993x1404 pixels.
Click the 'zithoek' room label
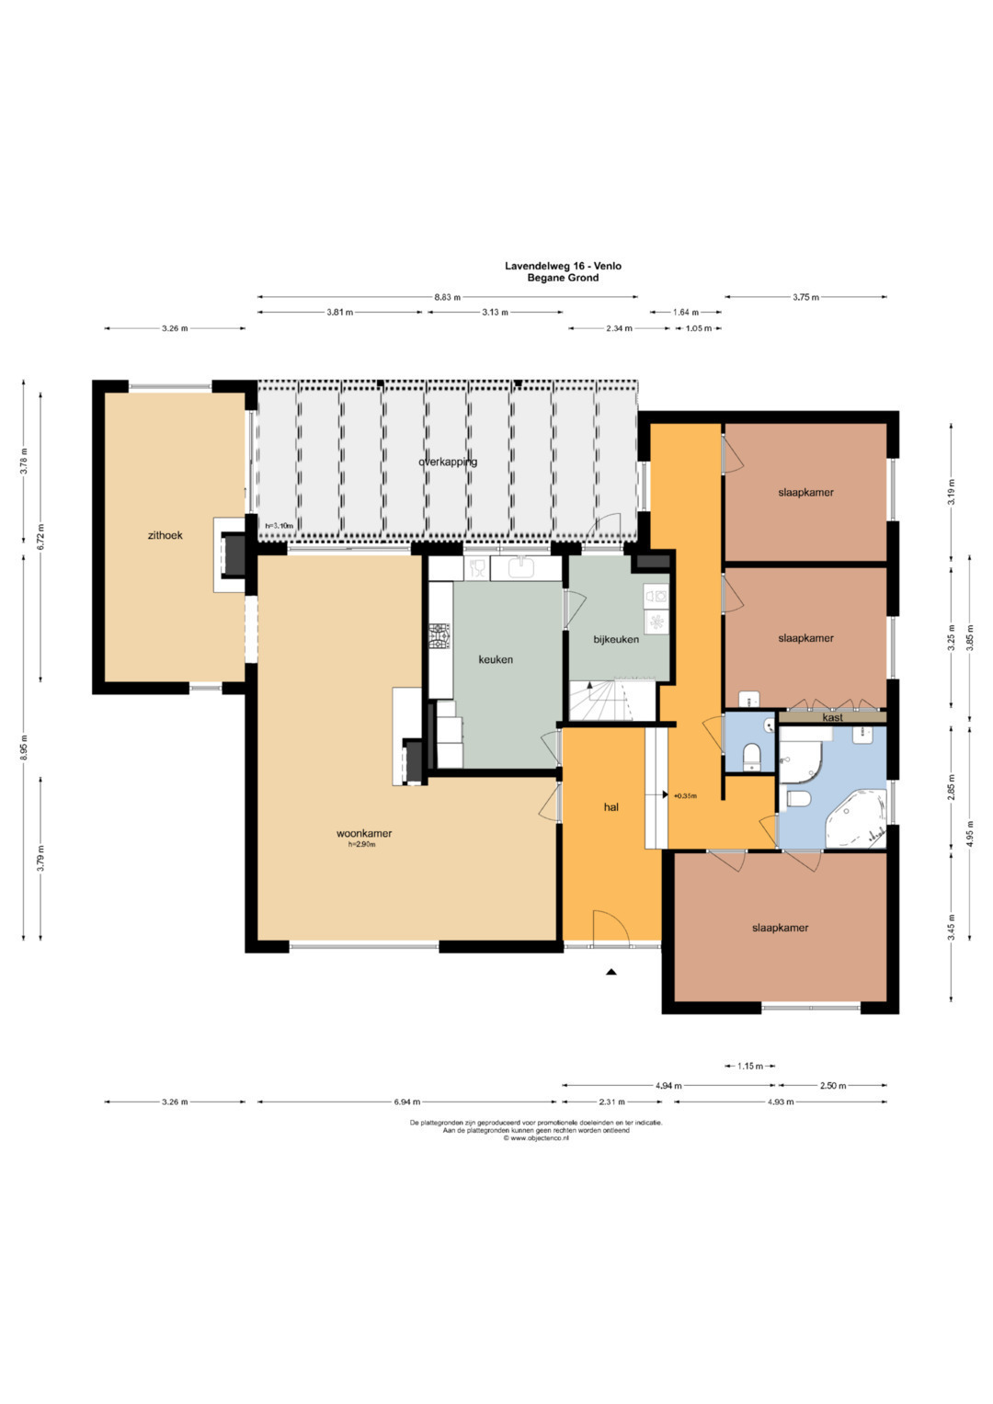point(165,535)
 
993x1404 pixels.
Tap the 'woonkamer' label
point(363,834)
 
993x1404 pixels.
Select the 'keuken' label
point(496,659)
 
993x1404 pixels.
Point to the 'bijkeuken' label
point(616,639)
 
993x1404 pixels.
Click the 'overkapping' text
point(448,462)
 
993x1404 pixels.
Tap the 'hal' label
point(611,807)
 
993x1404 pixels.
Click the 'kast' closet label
point(832,718)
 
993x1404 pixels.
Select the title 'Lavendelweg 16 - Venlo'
point(563,266)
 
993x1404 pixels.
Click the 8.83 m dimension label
point(448,297)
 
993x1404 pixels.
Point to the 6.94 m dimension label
point(406,1102)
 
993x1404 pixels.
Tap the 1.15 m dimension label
point(749,1066)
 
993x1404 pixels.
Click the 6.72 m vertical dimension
point(41,537)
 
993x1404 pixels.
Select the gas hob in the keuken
point(440,636)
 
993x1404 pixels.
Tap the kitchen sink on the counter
point(521,568)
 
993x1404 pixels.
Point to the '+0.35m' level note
point(685,796)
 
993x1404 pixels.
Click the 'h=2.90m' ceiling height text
point(361,844)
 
